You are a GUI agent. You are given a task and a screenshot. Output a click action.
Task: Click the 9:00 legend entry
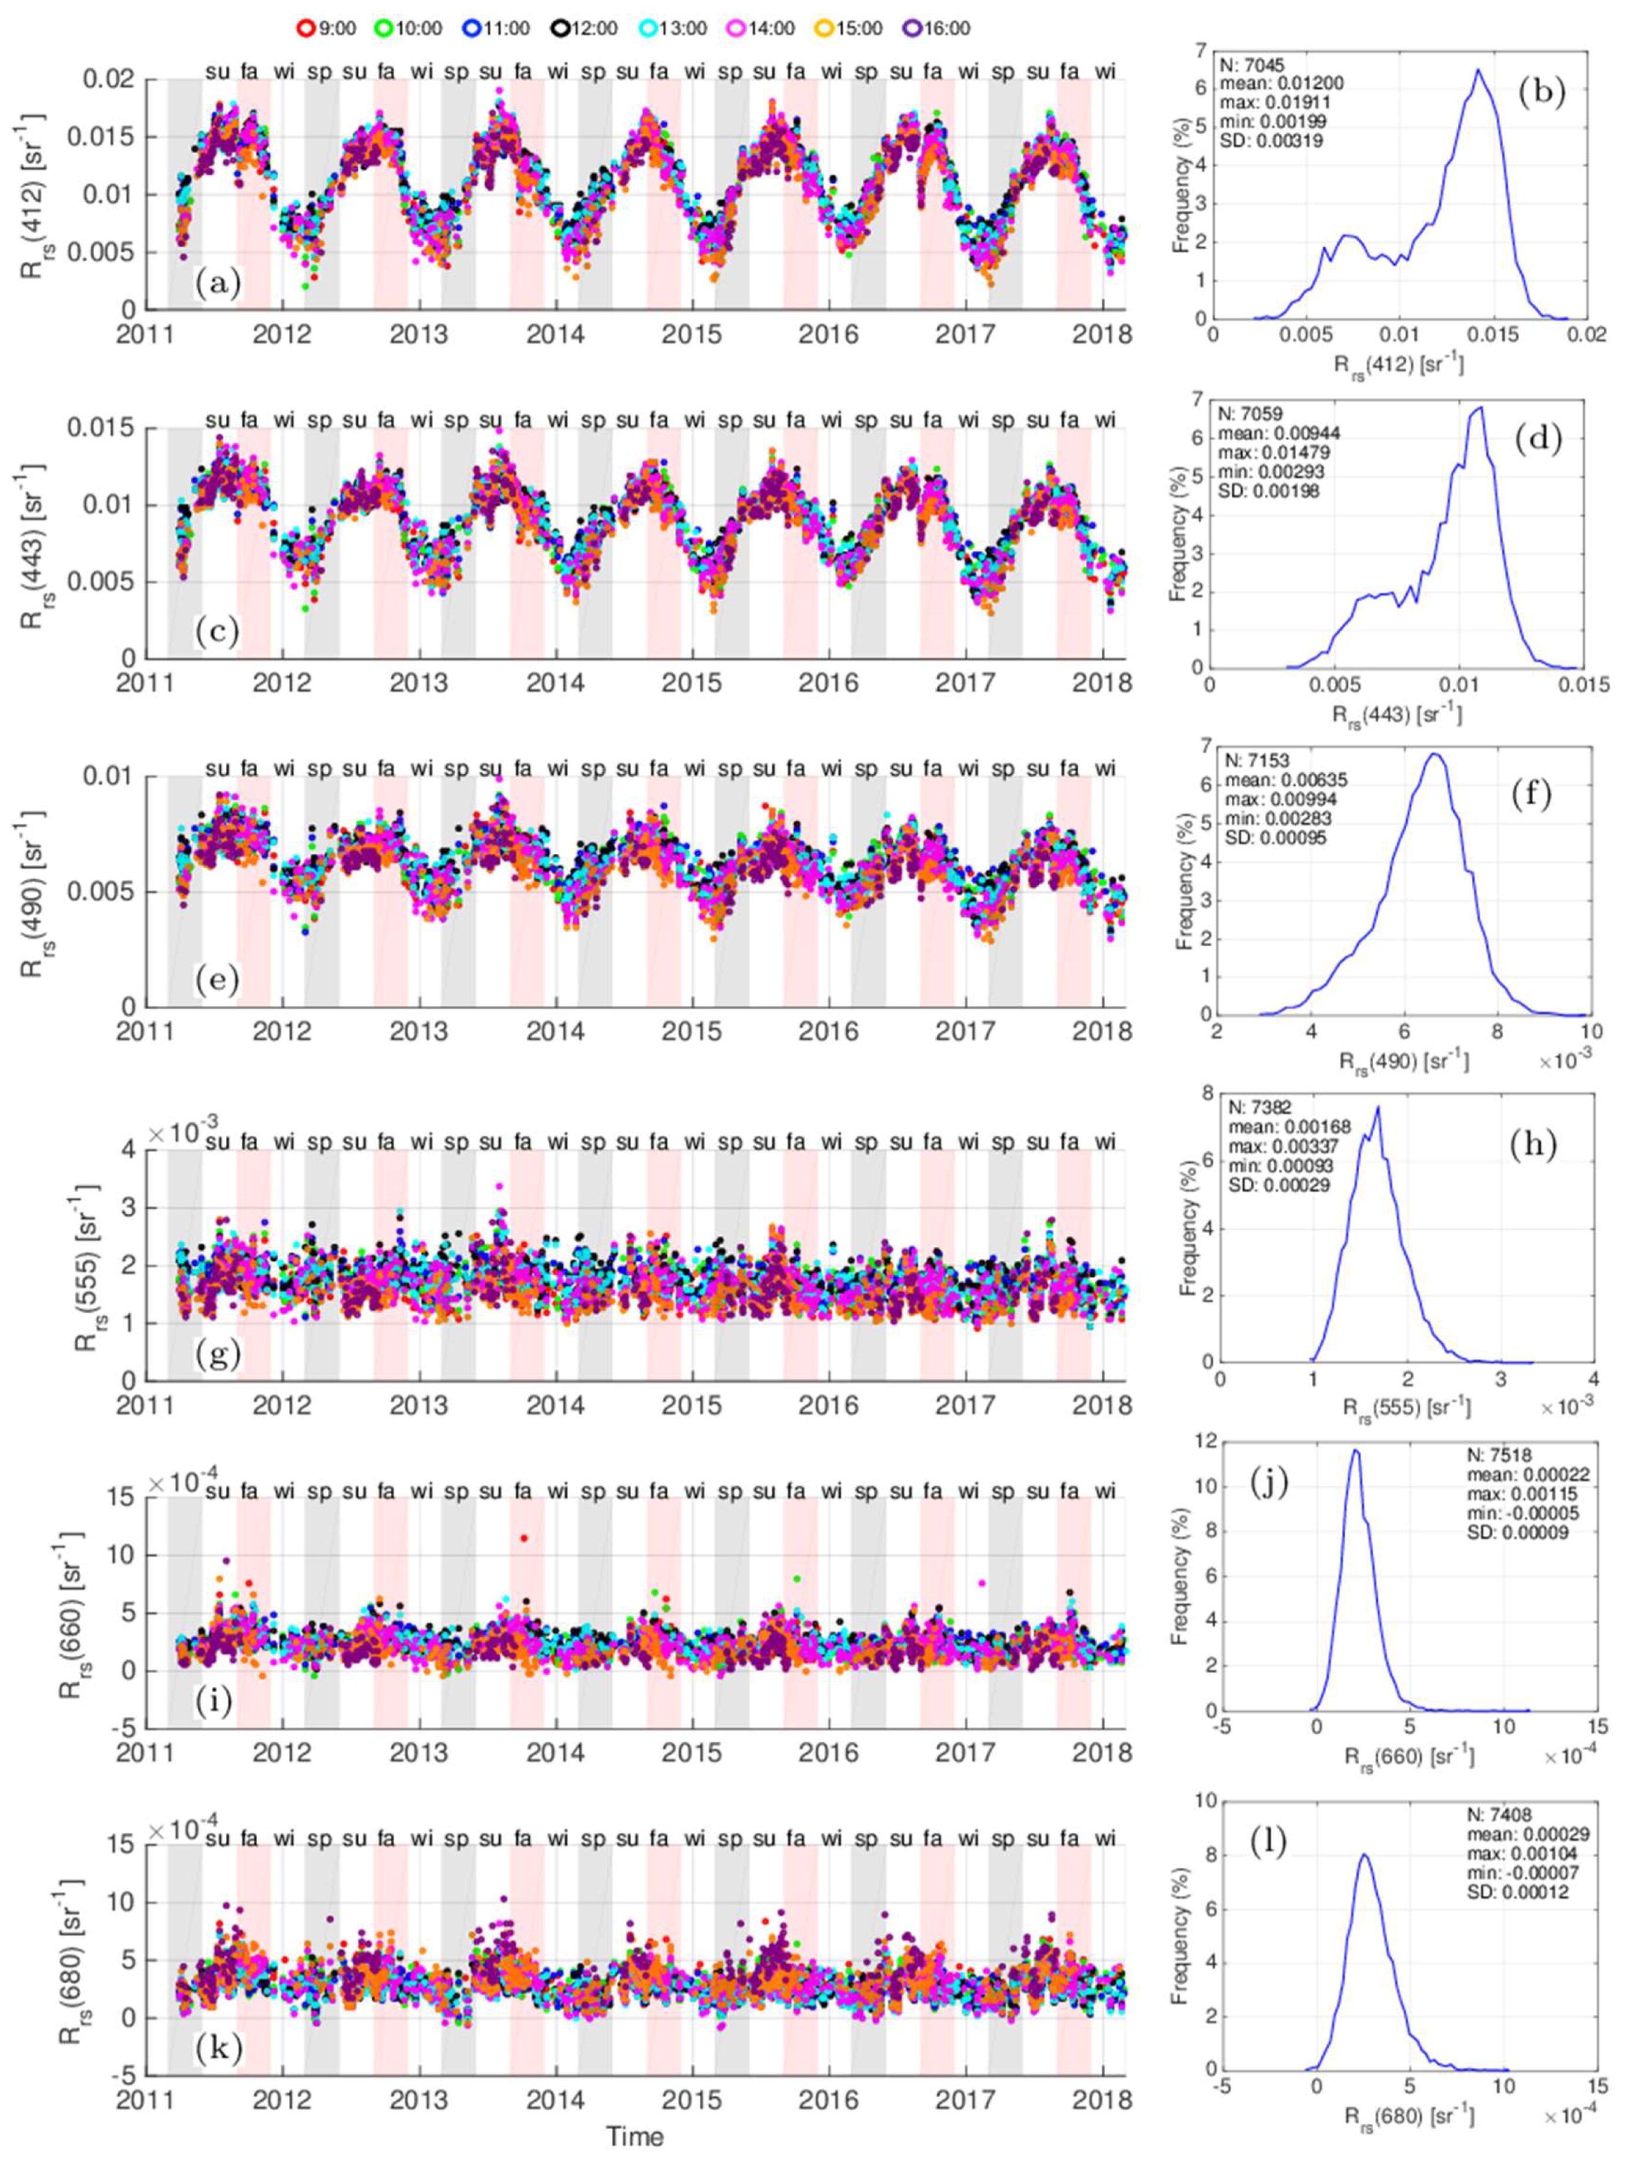point(325,28)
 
